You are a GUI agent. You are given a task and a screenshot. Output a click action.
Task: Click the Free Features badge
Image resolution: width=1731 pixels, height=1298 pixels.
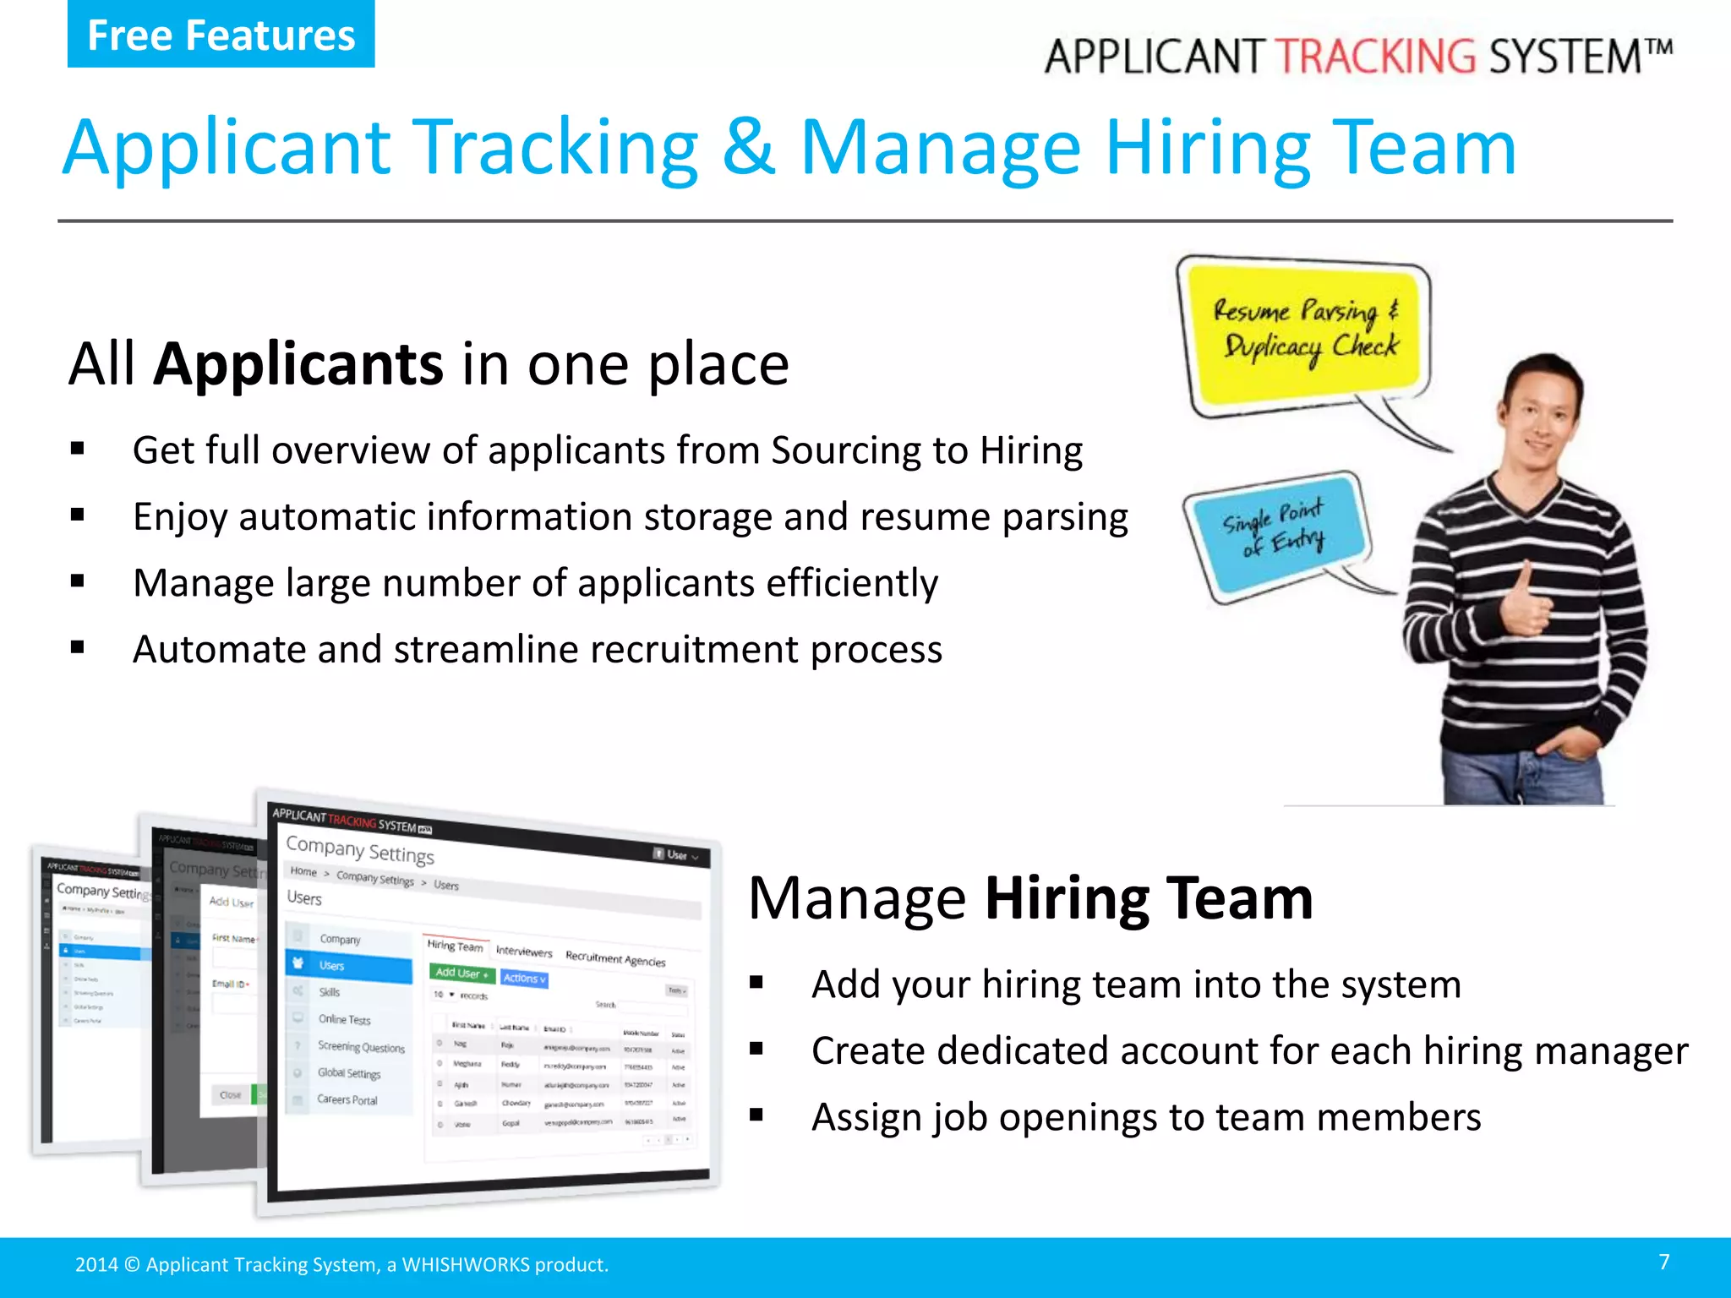click(221, 35)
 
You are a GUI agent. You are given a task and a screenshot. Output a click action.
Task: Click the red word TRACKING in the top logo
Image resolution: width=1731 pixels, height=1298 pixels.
click(1375, 57)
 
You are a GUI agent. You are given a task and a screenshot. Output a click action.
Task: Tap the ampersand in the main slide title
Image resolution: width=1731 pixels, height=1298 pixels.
click(748, 147)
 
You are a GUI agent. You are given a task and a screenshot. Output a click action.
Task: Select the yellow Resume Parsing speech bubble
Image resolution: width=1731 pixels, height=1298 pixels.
click(1306, 333)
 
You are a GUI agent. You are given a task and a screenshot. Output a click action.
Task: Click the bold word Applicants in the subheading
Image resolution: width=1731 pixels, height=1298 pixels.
click(298, 364)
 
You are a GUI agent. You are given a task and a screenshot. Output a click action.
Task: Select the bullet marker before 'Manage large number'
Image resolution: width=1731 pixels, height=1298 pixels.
click(78, 581)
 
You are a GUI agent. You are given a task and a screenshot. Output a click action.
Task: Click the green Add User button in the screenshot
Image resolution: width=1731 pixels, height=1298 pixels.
click(461, 973)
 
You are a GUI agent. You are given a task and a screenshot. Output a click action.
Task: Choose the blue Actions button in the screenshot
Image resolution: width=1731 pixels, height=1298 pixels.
click(524, 979)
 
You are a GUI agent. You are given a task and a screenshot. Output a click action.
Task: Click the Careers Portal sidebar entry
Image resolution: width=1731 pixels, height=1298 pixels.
click(347, 1099)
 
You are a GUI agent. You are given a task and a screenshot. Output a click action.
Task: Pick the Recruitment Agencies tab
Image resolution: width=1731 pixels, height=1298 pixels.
click(614, 958)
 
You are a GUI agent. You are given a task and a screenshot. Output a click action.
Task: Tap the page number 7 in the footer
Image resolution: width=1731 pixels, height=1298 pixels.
click(1663, 1262)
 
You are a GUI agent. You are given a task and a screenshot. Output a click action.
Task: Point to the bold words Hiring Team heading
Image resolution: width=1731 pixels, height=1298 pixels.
click(1149, 898)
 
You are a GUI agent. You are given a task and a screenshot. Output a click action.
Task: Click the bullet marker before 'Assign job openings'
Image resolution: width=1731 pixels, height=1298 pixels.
click(756, 1116)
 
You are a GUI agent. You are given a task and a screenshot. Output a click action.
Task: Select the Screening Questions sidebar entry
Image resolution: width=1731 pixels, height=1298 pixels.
click(361, 1047)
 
